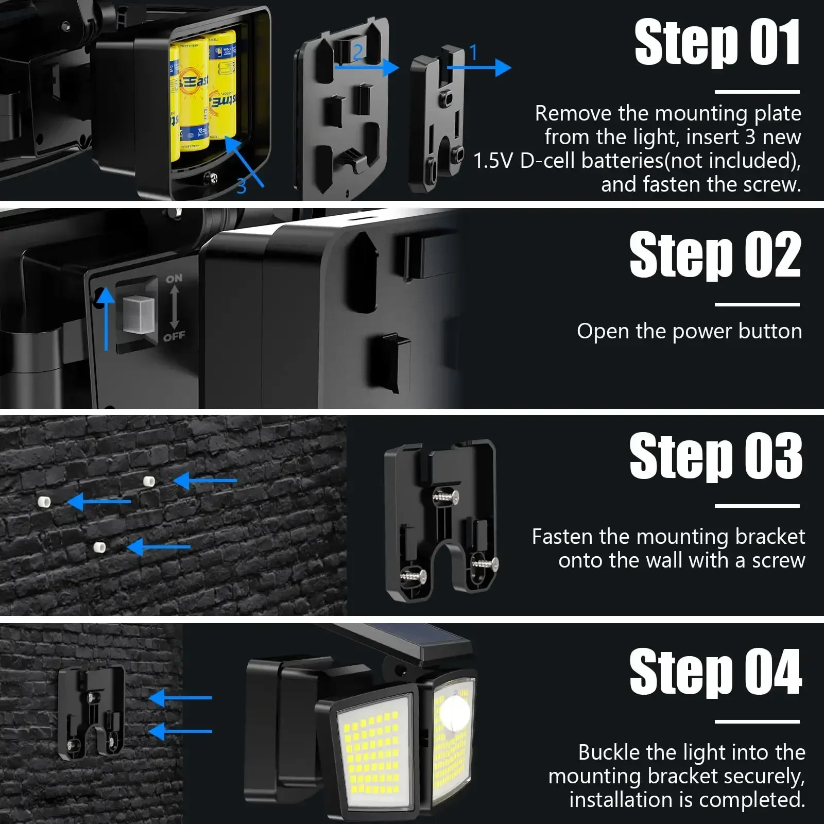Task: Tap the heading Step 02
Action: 715,254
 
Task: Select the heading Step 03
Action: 716,456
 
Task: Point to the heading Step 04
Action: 716,672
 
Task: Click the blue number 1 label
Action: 473,52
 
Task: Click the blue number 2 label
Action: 358,51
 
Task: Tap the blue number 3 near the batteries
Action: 242,186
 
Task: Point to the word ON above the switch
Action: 174,278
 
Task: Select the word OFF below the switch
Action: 174,337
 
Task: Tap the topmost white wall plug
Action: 149,482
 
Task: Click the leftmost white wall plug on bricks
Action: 43,501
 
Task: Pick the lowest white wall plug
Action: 100,547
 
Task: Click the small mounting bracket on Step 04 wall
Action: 92,713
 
